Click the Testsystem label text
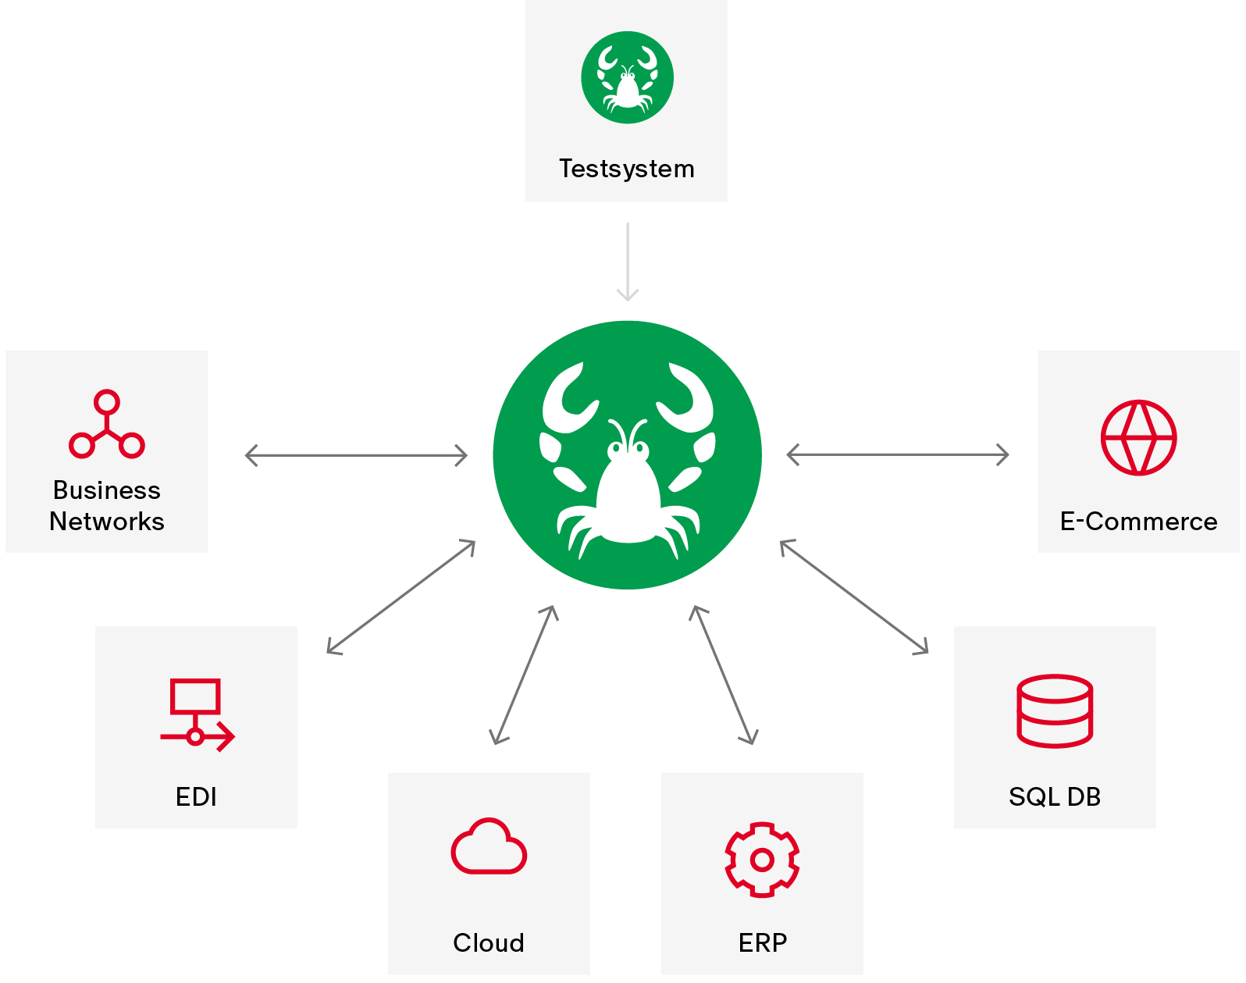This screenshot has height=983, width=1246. coord(626,169)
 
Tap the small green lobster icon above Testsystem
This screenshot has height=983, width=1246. coord(627,77)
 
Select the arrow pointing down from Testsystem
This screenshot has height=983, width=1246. coord(627,262)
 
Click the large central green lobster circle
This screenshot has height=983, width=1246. coord(627,454)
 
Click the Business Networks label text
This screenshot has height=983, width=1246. coord(107,505)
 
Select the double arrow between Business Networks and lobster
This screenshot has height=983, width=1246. coord(356,454)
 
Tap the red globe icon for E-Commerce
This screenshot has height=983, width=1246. coord(1138,437)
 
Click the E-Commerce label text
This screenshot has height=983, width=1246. coord(1138,521)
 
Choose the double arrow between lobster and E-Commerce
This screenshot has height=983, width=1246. coord(898,454)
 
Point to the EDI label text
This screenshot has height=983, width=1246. coord(196,796)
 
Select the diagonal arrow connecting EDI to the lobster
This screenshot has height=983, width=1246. coord(401,597)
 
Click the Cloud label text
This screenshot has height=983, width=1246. coord(489,942)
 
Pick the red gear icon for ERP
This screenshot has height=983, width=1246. coord(762,859)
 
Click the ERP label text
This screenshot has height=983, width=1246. coord(762,942)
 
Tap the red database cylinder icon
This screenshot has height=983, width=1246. coord(1055,711)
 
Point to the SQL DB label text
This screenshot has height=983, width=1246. coord(1055,796)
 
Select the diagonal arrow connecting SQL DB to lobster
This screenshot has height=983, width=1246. coord(854,596)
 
